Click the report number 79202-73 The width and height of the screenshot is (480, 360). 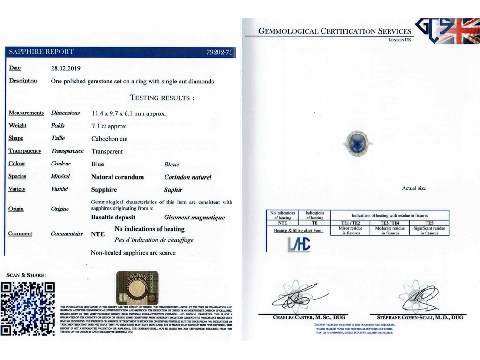point(219,52)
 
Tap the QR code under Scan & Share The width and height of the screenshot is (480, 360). point(29,308)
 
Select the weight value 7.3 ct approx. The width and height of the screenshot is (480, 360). point(109,126)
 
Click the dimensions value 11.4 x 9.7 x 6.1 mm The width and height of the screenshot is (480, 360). point(128,113)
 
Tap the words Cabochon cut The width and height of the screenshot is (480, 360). point(109,139)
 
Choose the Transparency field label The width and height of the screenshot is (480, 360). point(25,151)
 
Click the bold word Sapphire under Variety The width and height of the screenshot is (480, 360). point(104,190)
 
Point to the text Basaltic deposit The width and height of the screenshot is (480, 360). point(113,217)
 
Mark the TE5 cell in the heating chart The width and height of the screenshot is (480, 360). point(429,223)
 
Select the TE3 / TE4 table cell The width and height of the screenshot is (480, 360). point(390,223)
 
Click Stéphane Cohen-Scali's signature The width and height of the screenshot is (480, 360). point(418,295)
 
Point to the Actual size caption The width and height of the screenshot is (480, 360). point(414,188)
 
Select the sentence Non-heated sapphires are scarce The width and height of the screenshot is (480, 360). point(133,253)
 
